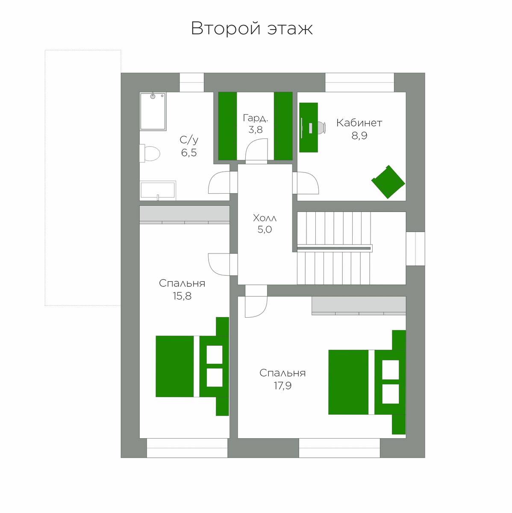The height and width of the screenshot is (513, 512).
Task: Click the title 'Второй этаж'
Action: pos(252,29)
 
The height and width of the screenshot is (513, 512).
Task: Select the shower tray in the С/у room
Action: pos(153,111)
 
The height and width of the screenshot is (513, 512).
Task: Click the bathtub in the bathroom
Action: pos(158,191)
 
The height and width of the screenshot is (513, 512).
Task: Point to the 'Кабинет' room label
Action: pos(359,123)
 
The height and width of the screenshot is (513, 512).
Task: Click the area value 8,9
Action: pos(359,136)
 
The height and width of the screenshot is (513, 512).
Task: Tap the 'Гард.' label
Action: pos(255,118)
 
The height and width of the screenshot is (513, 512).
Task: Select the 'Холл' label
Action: pos(265,218)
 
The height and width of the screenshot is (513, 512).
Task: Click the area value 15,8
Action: pos(182,296)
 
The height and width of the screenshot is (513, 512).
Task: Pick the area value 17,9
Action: pos(283,386)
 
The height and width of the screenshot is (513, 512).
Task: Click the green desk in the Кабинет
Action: pos(309,127)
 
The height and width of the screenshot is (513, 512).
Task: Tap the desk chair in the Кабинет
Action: pos(322,127)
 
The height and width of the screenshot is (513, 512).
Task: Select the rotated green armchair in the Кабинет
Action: pos(388,182)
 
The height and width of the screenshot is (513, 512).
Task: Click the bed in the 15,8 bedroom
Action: pos(192,366)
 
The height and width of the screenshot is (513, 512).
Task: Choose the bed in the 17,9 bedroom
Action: pos(367,382)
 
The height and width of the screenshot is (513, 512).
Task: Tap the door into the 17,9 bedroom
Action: pos(256,301)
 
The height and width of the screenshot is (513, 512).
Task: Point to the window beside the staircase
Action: pos(415,249)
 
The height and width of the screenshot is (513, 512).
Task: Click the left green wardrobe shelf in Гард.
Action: pos(227,126)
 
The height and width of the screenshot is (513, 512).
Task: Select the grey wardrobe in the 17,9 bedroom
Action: pos(359,306)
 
